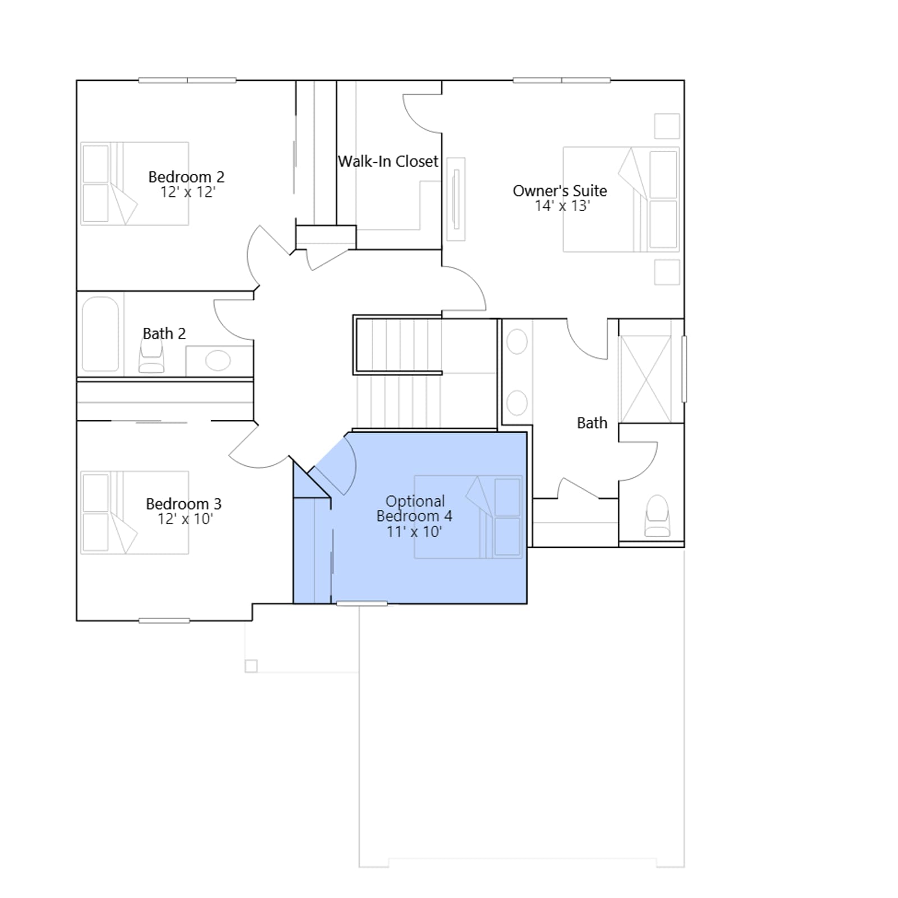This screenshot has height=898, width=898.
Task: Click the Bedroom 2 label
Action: [186, 177]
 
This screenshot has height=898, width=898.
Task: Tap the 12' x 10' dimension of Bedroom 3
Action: [185, 519]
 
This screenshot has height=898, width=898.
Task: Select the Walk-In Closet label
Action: [388, 162]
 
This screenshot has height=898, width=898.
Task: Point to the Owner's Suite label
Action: [560, 191]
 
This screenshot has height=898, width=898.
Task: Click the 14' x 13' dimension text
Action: [562, 206]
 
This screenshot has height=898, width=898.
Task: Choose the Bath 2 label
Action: [164, 333]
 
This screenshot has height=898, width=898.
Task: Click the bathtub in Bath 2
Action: [100, 334]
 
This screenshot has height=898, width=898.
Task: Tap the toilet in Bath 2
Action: [152, 356]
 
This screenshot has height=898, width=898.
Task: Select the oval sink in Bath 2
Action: [218, 360]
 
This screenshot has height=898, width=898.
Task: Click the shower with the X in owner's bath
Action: [646, 379]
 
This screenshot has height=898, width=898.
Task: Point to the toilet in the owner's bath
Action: [658, 516]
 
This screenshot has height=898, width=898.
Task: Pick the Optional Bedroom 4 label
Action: [415, 508]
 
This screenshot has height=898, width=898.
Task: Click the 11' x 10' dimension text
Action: [414, 532]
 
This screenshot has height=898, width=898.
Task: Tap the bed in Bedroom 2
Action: [135, 184]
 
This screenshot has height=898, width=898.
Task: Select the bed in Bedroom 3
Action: [135, 512]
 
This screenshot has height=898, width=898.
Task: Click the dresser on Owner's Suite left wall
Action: [456, 199]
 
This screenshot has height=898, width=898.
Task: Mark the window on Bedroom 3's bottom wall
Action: [164, 620]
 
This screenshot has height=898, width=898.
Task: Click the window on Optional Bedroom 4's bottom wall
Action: [362, 603]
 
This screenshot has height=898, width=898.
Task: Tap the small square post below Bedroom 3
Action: [251, 666]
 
